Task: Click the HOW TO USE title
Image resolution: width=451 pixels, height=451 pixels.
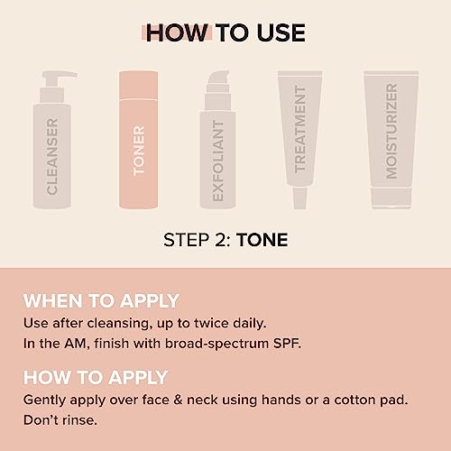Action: click(x=225, y=33)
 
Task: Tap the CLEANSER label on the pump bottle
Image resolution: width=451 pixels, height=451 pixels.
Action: click(x=52, y=155)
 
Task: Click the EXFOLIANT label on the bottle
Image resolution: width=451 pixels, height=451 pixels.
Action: click(x=217, y=158)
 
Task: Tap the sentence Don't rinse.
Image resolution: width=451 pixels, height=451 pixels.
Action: click(x=60, y=420)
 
